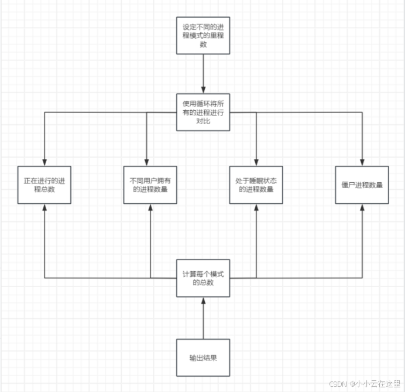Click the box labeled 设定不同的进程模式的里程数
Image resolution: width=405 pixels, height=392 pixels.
pyautogui.click(x=203, y=36)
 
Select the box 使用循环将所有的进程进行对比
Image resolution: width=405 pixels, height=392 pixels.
pyautogui.click(x=203, y=112)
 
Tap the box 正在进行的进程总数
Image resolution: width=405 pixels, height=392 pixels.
pyautogui.click(x=44, y=185)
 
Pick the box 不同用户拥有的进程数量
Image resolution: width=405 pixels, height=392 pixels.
pyautogui.click(x=150, y=185)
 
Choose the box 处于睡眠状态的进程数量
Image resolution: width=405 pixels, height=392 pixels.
pyautogui.click(x=256, y=185)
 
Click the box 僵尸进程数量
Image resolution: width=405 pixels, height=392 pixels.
pyautogui.click(x=362, y=185)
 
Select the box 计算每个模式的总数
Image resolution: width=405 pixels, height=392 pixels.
pyautogui.click(x=203, y=277)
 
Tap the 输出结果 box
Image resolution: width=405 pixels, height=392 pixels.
pyautogui.click(x=203, y=357)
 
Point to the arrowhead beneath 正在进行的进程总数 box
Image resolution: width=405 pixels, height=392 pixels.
pyautogui.click(x=44, y=208)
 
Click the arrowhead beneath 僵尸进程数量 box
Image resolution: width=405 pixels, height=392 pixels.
pyautogui.click(x=362, y=208)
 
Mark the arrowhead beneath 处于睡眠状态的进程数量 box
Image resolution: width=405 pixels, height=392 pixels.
pyautogui.click(x=256, y=208)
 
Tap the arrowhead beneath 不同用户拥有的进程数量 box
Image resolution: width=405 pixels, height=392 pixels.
pyautogui.click(x=150, y=208)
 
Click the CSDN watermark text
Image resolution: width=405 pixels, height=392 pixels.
pyautogui.click(x=364, y=384)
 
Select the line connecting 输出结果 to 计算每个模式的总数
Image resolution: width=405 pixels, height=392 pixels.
pyautogui.click(x=203, y=319)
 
